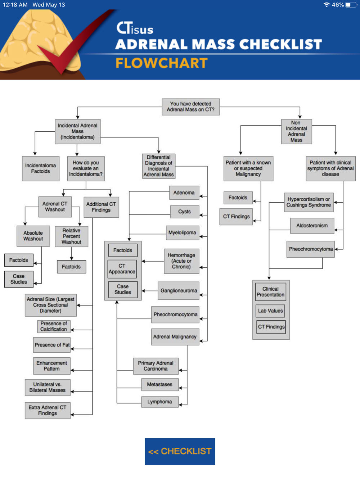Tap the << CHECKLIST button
click(x=180, y=451)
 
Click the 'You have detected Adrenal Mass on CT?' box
click(x=190, y=107)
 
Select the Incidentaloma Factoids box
click(x=40, y=168)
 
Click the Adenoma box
click(x=184, y=193)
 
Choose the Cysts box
click(x=184, y=212)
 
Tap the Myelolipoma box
click(x=182, y=233)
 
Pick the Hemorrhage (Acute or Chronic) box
click(x=181, y=261)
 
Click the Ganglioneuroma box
click(x=179, y=291)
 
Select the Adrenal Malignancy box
click(x=175, y=337)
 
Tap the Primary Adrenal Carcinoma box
click(x=156, y=366)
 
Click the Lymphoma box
click(x=159, y=402)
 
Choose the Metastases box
click(x=159, y=385)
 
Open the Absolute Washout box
click(x=33, y=236)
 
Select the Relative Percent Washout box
click(x=71, y=236)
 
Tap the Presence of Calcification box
click(x=54, y=326)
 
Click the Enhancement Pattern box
click(x=51, y=366)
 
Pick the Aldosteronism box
click(x=312, y=226)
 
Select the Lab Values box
click(x=270, y=311)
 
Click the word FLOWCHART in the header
click(x=162, y=63)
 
